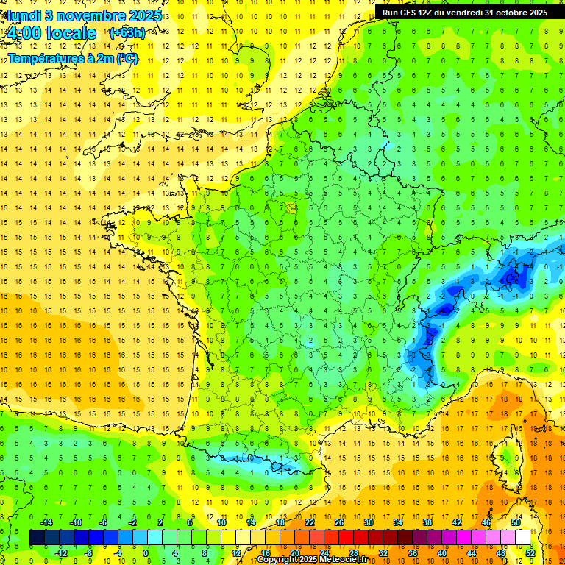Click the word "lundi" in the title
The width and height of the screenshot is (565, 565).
point(24,15)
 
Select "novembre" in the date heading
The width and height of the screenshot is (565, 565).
point(88,15)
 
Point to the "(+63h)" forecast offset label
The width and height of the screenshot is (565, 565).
point(127,32)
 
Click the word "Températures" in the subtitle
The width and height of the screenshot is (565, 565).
point(44,58)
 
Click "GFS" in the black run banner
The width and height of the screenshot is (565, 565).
point(409,13)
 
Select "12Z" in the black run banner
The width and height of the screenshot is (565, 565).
point(429,13)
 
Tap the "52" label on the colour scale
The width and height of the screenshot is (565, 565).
point(530,552)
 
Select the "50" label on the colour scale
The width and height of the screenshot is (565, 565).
point(516,522)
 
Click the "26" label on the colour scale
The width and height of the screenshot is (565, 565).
point(339,522)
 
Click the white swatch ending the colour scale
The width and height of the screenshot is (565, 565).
point(522,538)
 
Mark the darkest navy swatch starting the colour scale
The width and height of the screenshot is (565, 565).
point(37,538)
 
